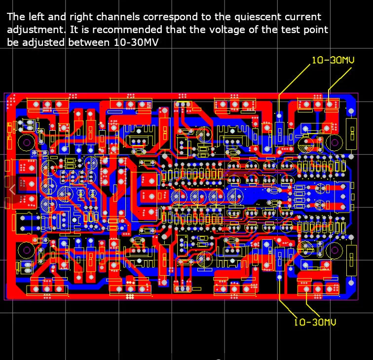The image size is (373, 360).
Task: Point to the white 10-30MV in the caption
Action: click(136, 42)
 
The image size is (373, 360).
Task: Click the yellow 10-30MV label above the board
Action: click(333, 60)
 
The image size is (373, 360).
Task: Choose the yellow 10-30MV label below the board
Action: click(315, 322)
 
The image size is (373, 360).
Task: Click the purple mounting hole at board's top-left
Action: click(27, 143)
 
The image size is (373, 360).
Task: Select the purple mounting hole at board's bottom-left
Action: click(27, 250)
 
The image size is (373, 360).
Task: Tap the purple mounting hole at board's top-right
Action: click(335, 143)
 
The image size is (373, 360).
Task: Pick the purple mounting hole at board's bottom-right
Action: click(335, 250)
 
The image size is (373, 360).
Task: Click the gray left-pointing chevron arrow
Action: click(12, 189)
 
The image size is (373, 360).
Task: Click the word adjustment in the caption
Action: click(35, 30)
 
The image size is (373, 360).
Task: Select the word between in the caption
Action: click(89, 42)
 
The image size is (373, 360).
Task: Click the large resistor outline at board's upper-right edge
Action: click(352, 134)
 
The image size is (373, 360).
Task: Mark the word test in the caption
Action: click(291, 30)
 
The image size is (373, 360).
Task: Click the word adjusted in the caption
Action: click(43, 43)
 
